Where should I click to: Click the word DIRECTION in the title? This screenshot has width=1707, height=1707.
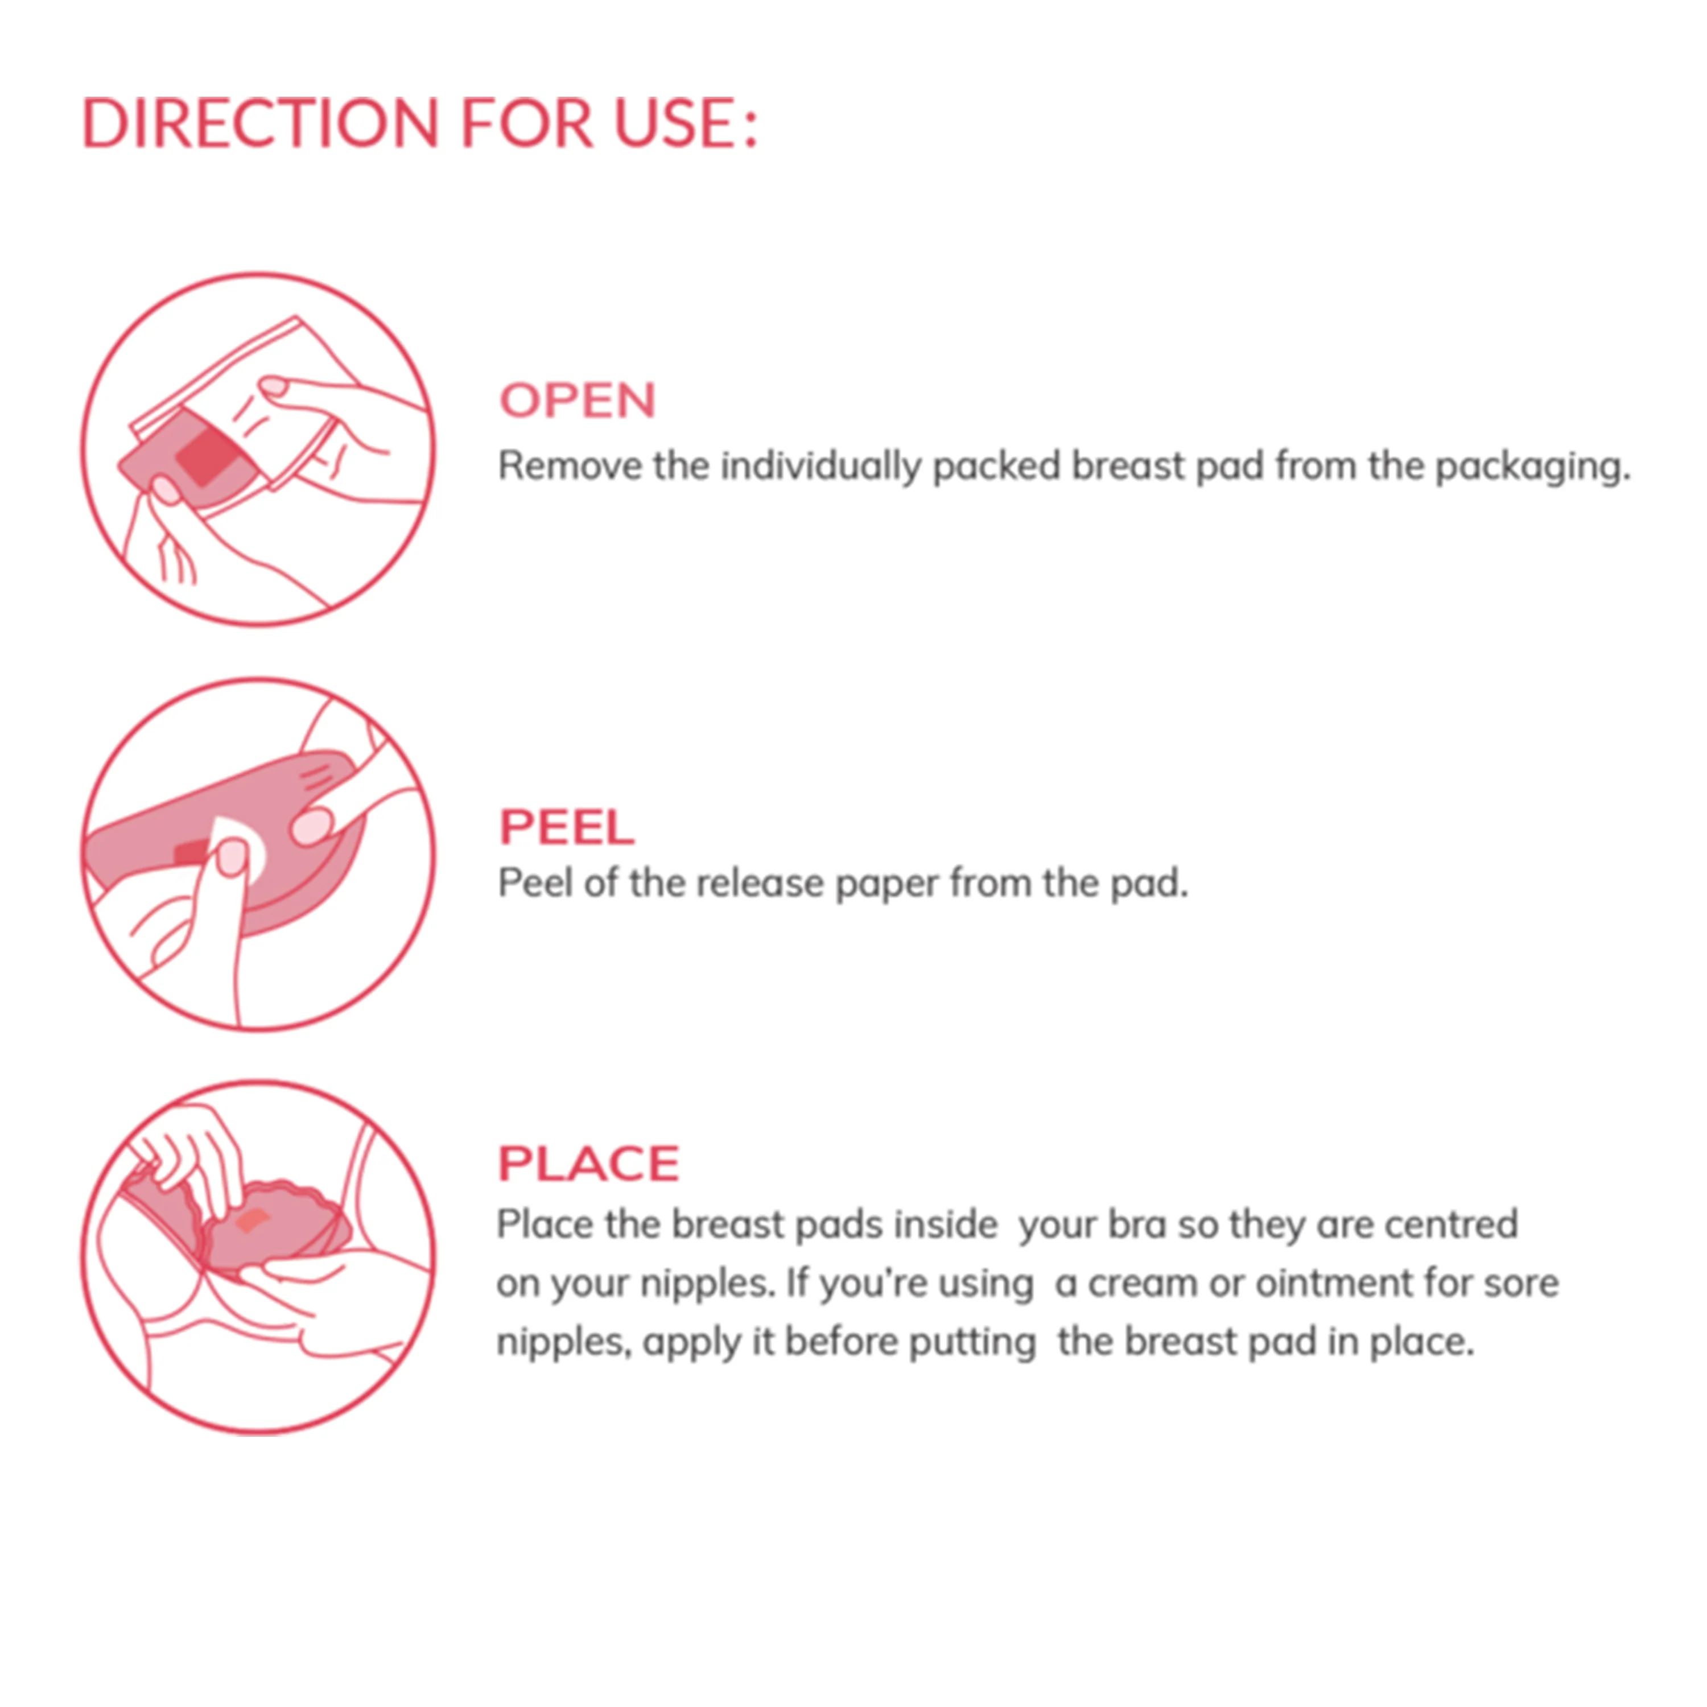point(261,123)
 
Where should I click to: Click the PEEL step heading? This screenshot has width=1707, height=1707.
point(566,827)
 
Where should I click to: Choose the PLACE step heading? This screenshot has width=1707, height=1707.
point(588,1164)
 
